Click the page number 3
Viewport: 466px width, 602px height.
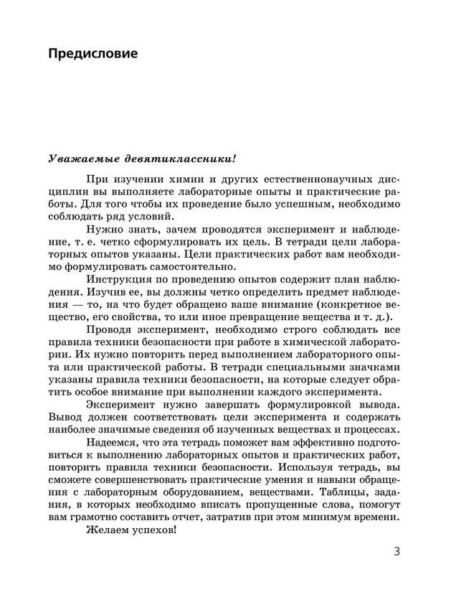(397, 552)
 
